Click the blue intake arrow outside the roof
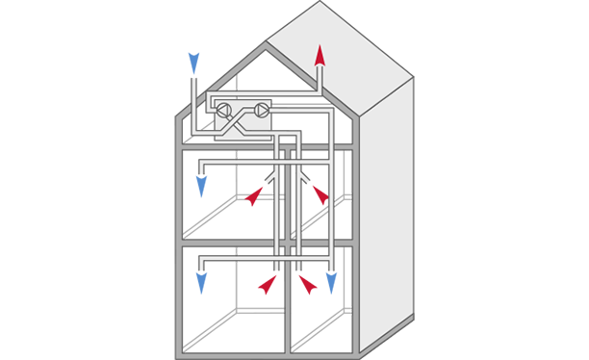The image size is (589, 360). pyautogui.click(x=193, y=64)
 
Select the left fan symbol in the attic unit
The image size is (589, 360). pyautogui.click(x=224, y=111)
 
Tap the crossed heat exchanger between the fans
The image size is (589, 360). pyautogui.click(x=243, y=111)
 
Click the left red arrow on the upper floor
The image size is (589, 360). pyautogui.click(x=254, y=196)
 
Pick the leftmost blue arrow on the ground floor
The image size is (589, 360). pyautogui.click(x=201, y=283)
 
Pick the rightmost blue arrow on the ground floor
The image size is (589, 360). pyautogui.click(x=331, y=283)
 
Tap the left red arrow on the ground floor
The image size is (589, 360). pyautogui.click(x=268, y=284)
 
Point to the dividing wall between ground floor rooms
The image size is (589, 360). pyautogui.click(x=288, y=308)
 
